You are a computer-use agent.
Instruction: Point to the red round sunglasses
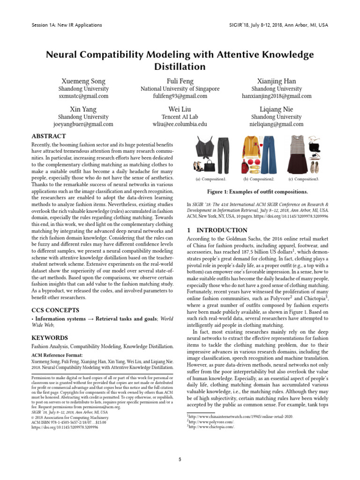[x=252, y=167]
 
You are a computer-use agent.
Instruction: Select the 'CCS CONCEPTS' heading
[x=55, y=310]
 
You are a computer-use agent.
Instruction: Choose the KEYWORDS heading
[x=50, y=337]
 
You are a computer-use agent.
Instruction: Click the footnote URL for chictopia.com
[x=211, y=427]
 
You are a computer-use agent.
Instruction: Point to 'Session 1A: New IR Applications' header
[x=67, y=25]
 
